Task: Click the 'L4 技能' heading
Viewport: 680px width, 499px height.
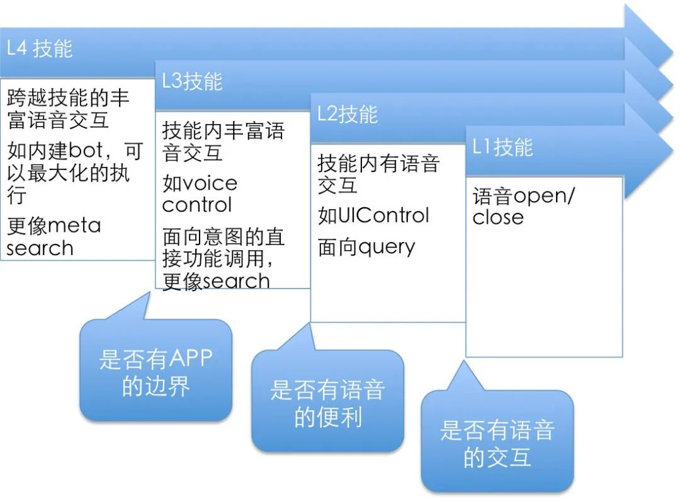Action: [40, 49]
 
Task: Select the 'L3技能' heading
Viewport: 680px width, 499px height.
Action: [192, 81]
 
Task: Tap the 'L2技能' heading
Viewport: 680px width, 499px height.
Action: [347, 115]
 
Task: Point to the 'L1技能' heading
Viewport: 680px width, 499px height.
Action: [502, 147]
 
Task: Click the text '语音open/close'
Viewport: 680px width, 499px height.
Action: [523, 206]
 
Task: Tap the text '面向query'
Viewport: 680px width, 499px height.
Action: [366, 247]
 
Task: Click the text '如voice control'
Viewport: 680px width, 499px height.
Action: [200, 194]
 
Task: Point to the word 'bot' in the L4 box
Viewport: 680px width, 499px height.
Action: [86, 151]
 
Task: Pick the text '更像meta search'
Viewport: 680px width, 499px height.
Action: [54, 236]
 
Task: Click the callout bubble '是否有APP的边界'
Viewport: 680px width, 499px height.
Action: [156, 372]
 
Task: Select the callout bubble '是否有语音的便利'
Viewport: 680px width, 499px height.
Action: [327, 403]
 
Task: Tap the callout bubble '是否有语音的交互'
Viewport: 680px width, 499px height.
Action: [497, 443]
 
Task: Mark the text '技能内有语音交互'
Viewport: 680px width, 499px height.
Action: [378, 175]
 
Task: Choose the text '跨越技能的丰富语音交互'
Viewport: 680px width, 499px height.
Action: [68, 108]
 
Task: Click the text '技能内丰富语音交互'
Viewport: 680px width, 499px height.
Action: [223, 142]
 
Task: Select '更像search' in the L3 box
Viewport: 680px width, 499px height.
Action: [216, 281]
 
